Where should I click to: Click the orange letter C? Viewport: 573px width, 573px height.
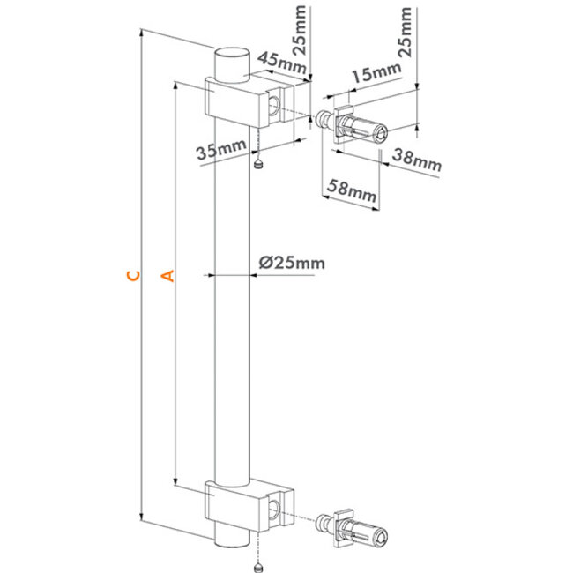[131, 276]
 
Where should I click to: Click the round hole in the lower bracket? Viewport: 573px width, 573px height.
[277, 507]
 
